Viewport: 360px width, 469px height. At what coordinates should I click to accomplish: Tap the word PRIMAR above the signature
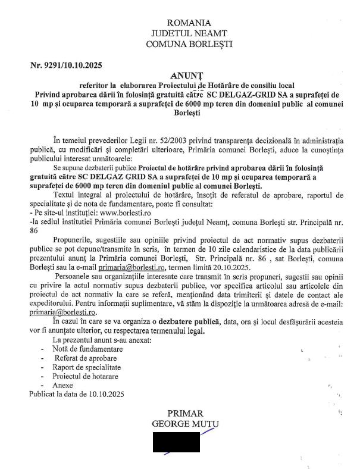coord(185,414)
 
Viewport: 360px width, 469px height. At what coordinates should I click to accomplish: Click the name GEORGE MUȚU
coord(185,424)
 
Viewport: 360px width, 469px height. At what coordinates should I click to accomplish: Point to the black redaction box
coord(176,442)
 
